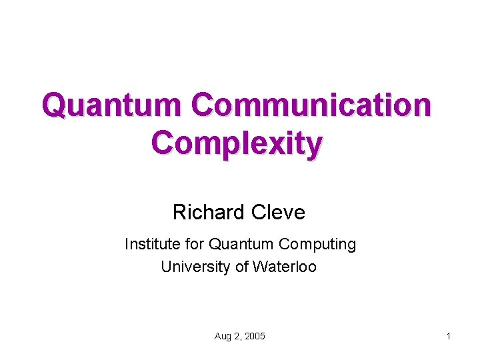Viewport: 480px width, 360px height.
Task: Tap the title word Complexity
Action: [237, 142]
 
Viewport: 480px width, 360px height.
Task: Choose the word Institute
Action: [151, 245]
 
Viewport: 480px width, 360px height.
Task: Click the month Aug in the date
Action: [223, 337]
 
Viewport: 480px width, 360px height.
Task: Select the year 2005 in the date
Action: [255, 337]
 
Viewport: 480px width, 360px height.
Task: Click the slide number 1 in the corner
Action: [449, 337]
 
